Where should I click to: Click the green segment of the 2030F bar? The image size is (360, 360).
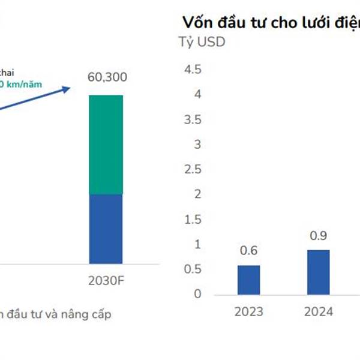point(106,144)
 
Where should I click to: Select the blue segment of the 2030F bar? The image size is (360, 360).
point(106,228)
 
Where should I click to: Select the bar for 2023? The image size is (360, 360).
point(248,280)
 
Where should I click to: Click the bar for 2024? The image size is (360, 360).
point(319,272)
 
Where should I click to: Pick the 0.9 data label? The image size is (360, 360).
point(319,236)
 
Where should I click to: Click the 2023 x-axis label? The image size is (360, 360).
point(248,311)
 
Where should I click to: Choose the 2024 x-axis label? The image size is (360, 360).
point(319,311)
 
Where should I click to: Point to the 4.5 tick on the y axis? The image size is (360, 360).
point(193,70)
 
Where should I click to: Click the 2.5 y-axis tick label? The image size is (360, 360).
point(193,169)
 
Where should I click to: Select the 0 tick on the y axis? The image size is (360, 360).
point(197,294)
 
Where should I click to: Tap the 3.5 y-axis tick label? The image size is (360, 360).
point(193,119)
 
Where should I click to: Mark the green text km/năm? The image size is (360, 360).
point(24,85)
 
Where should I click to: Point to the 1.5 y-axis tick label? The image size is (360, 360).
point(193,219)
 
